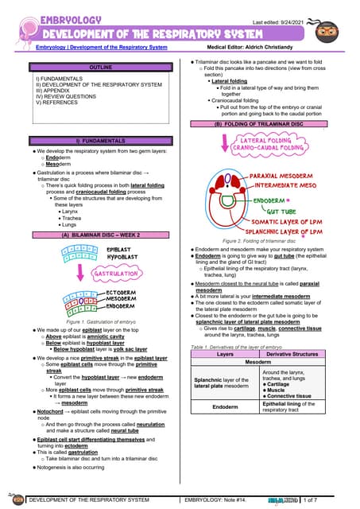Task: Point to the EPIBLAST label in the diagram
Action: (120, 249)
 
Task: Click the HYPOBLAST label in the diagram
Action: (123, 258)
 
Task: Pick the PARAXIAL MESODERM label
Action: (283, 175)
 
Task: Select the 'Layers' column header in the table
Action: (226, 354)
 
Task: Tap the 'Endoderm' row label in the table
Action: (226, 406)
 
